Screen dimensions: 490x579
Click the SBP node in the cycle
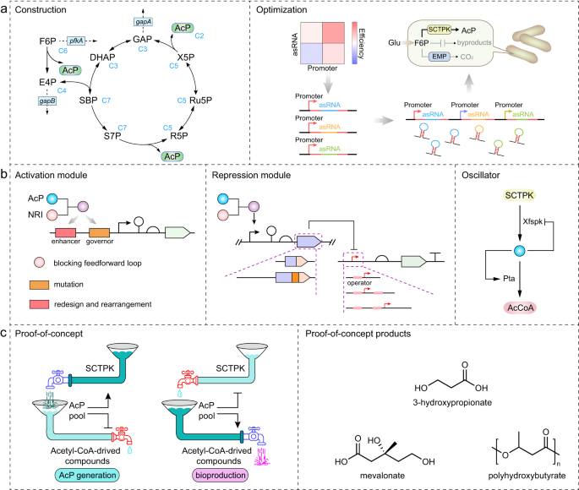click(x=87, y=100)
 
